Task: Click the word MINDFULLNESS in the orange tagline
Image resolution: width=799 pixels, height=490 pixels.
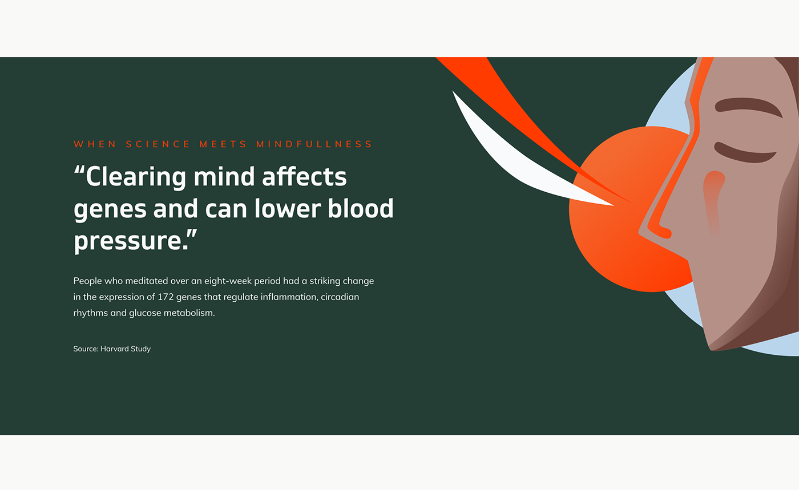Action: click(x=314, y=144)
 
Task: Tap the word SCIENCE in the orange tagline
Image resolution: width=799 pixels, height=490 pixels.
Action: click(x=158, y=144)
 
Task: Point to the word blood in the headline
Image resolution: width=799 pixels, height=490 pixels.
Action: click(x=361, y=208)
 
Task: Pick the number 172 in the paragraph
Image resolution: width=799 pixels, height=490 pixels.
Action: click(x=166, y=297)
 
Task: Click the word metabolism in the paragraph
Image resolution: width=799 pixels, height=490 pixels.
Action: click(x=189, y=313)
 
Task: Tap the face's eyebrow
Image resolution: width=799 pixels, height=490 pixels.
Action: click(x=748, y=106)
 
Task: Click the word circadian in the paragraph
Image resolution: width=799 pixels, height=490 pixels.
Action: click(x=340, y=297)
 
